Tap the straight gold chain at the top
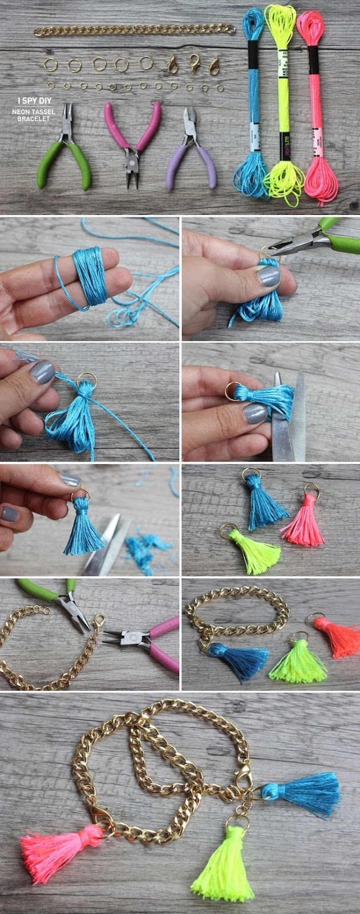[134, 30]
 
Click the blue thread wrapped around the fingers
[90, 276]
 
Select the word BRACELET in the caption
[33, 119]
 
